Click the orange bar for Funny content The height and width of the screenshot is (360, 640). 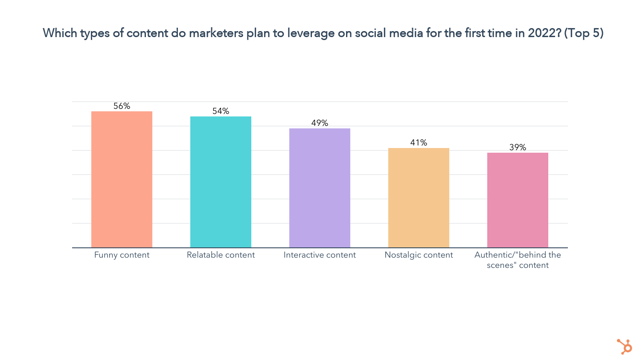pyautogui.click(x=122, y=179)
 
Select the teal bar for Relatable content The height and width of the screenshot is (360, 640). pyautogui.click(x=221, y=182)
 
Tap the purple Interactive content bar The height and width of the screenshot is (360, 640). pyautogui.click(x=320, y=188)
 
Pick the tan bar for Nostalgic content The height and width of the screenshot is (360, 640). pyautogui.click(x=419, y=197)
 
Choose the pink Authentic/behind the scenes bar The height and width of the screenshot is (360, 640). pyautogui.click(x=518, y=200)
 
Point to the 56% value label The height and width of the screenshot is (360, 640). pyautogui.click(x=122, y=106)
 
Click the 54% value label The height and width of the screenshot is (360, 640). pyautogui.click(x=221, y=111)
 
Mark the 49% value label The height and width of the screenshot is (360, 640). pyautogui.click(x=320, y=123)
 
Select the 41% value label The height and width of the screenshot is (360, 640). pyautogui.click(x=419, y=143)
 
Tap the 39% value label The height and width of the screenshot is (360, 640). pyautogui.click(x=518, y=148)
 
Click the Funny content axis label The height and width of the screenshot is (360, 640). pyautogui.click(x=122, y=255)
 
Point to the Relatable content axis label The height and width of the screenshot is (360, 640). pyautogui.click(x=221, y=255)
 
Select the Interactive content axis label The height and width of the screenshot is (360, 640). pyautogui.click(x=320, y=255)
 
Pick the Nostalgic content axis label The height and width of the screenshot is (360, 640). pyautogui.click(x=419, y=255)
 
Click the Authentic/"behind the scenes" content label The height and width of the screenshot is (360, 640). pyautogui.click(x=518, y=260)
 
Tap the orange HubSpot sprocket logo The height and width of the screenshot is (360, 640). pyautogui.click(x=625, y=346)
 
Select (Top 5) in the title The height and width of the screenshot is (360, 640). pyautogui.click(x=584, y=33)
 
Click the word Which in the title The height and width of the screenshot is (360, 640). pyautogui.click(x=60, y=33)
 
